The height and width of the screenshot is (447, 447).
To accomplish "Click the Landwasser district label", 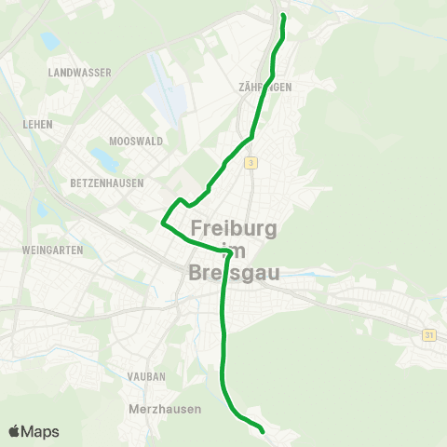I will coord(79,72).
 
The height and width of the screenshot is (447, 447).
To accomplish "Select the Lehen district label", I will coord(40,124).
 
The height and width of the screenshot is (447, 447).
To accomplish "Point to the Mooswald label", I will coord(110,142).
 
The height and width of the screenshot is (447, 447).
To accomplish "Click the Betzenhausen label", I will coord(107,183).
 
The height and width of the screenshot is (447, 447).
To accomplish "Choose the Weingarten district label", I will coord(53,251).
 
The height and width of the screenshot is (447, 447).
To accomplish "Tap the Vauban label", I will coord(146,377).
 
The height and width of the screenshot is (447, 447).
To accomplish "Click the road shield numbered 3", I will coord(251,163).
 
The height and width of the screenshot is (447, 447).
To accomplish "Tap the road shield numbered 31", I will coord(428,333).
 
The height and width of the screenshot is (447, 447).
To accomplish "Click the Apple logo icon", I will coord(16,431).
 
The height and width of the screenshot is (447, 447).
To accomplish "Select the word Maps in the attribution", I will coord(42,431).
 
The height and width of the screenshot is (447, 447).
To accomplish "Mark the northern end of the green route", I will coord(283,16).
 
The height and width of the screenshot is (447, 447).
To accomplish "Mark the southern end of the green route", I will coord(263,431).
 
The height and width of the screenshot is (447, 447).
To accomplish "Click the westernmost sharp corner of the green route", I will coord(163,223).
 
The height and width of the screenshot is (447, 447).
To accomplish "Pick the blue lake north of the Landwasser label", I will coord(48,41).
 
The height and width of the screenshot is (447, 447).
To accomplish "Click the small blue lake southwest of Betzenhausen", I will coord(41,209).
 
